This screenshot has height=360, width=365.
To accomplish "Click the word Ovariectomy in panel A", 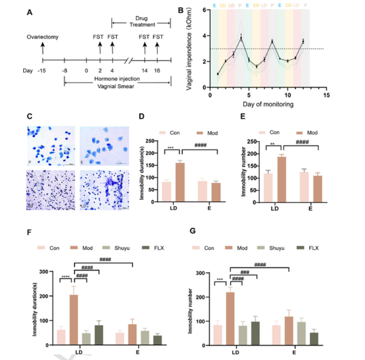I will pos(42,37).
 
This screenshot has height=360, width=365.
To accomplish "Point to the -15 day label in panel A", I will pos(43,71).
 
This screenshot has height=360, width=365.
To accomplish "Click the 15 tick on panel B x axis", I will pos(326,95).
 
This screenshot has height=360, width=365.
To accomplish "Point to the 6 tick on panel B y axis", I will pos(204,10).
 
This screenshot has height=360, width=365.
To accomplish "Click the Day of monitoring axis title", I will pos(268,104).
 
